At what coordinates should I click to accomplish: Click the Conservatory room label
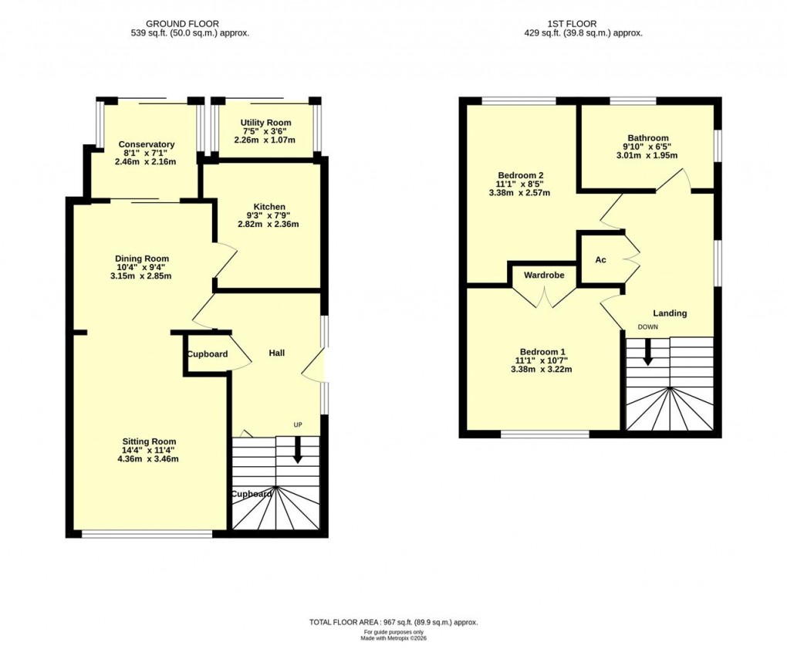146,144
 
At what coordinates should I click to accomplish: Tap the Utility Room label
265,123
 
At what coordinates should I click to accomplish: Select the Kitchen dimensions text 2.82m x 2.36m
268,225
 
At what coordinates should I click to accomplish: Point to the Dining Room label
141,259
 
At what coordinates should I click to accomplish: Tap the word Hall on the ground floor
276,353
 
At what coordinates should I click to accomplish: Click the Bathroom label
647,138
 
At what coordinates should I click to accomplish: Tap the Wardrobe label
544,275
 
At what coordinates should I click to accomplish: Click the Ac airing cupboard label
600,260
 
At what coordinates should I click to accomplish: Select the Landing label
669,313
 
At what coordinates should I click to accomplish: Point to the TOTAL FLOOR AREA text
393,622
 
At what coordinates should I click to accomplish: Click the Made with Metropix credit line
393,638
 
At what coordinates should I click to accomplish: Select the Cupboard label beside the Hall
207,354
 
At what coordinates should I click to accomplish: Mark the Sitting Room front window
147,533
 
